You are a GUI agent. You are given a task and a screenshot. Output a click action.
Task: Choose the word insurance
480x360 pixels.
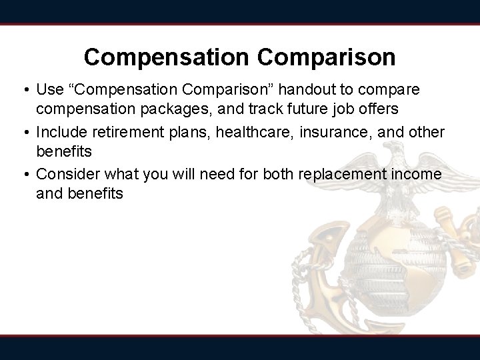[x=334, y=132]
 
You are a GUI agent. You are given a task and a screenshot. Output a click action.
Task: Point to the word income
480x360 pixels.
[x=415, y=174]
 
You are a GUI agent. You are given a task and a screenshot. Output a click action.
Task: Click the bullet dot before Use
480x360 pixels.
[x=25, y=89]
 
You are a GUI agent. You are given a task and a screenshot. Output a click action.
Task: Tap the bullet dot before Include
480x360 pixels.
[x=25, y=132]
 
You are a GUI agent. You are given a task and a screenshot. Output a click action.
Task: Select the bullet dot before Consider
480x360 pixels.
[x=25, y=174]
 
